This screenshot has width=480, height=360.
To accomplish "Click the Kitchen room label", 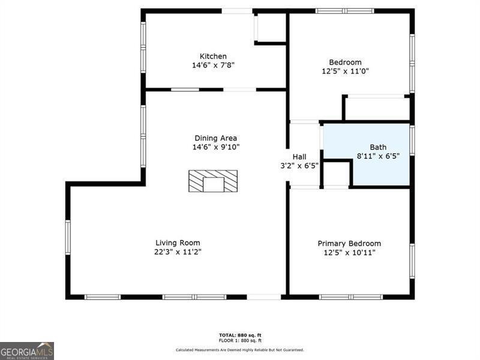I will [213, 56].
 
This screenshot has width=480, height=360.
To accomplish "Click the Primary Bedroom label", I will [349, 244].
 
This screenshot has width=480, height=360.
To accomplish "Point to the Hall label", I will [299, 157].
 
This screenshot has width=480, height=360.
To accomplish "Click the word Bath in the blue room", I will [378, 147].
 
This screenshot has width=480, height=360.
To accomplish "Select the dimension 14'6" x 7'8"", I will [213, 65].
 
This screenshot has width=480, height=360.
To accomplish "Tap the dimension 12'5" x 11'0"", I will [345, 71].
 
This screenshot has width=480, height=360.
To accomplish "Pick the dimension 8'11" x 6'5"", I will [378, 155].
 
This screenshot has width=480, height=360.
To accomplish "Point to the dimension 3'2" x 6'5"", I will [299, 166].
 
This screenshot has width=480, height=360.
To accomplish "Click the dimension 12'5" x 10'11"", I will [349, 252].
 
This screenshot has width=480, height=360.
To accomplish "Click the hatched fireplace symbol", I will [213, 181].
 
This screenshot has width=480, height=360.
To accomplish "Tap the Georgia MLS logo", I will [27, 350].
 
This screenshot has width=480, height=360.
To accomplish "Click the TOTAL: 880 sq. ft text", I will [239, 335].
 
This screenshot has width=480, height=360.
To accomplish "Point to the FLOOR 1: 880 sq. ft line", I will [239, 340].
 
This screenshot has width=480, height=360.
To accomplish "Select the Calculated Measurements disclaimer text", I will [239, 350].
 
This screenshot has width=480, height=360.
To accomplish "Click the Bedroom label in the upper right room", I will [345, 62].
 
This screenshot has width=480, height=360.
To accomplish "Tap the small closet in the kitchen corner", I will [271, 28].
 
